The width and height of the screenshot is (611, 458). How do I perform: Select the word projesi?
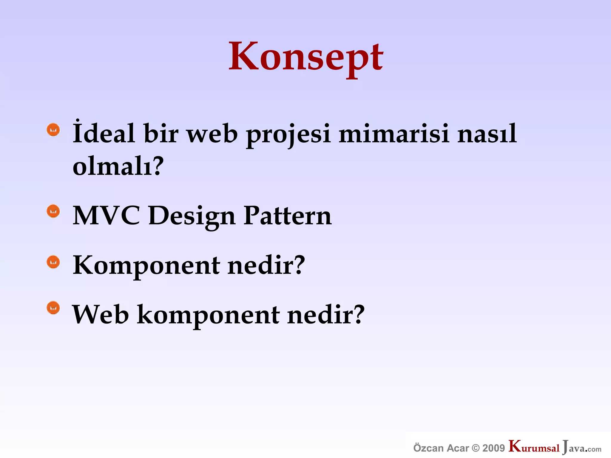pos(288,134)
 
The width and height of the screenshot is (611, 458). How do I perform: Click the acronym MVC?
pos(106,215)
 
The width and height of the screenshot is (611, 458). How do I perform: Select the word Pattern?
pos(287,215)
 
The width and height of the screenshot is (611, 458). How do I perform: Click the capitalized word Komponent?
pos(146,265)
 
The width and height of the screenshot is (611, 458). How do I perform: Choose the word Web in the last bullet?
pos(101,315)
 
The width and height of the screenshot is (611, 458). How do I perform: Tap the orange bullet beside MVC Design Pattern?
pos(53,211)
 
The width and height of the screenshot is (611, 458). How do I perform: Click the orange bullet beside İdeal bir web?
pos(53,130)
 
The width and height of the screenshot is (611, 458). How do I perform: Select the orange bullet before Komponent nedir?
pos(53,262)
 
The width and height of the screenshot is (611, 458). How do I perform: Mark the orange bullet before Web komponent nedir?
pos(53,308)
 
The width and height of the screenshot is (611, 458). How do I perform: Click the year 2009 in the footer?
pos(494,448)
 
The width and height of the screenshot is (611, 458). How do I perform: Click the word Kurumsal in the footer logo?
pos(534,447)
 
